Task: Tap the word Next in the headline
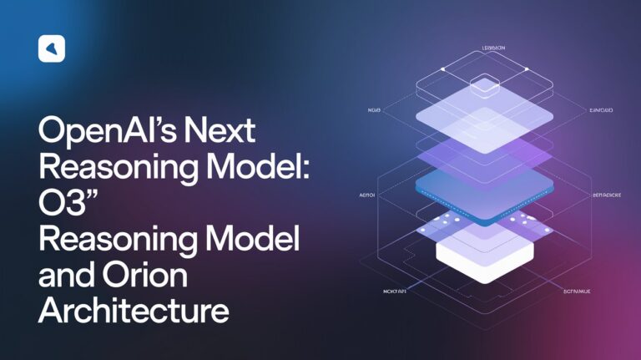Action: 220,131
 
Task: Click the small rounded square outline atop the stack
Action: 484,84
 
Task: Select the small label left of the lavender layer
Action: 373,109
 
